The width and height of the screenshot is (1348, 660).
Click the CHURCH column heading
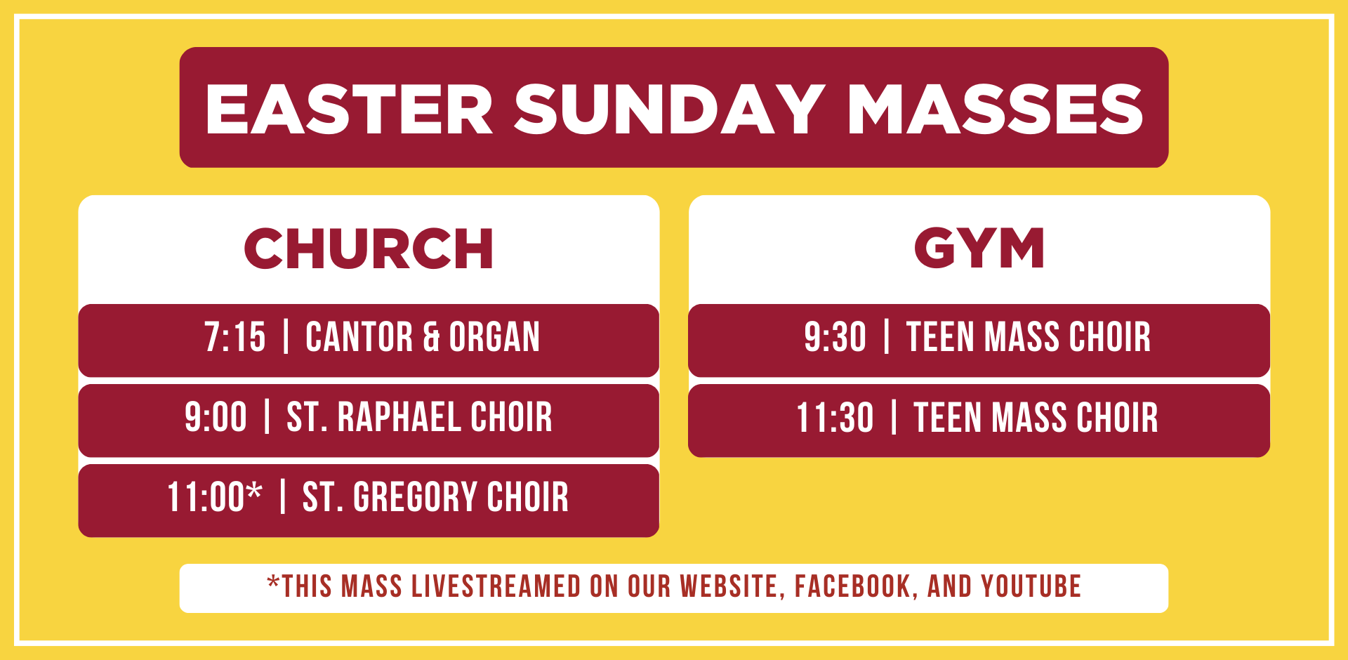click(x=369, y=249)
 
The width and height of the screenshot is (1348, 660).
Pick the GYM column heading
click(x=979, y=248)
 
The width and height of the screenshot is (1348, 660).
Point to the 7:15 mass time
click(x=235, y=337)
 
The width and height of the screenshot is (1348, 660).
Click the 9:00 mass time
click(x=216, y=417)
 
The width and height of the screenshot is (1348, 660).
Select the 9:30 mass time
click(x=835, y=337)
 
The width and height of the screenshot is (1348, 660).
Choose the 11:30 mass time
click(x=835, y=418)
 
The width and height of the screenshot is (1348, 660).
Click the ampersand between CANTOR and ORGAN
click(x=431, y=337)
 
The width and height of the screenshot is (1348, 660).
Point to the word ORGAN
click(x=495, y=337)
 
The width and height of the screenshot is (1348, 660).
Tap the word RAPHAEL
click(x=398, y=417)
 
